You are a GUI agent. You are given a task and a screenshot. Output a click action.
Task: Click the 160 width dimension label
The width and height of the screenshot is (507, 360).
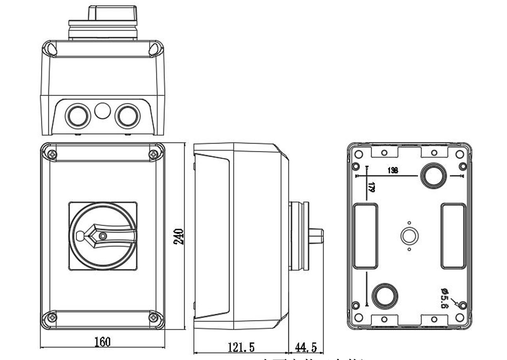pos(102,342)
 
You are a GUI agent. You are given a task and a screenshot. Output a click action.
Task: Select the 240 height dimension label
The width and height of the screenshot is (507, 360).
pos(179,236)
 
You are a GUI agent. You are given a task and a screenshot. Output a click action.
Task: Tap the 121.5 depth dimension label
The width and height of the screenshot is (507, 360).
pos(241,347)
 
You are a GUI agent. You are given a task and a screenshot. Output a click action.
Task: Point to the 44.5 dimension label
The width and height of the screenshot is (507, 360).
pos(306,347)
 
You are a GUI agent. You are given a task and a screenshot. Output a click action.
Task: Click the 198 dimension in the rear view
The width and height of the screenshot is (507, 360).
pos(392,170)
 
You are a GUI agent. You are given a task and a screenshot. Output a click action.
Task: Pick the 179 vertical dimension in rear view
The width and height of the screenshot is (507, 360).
pos(371,187)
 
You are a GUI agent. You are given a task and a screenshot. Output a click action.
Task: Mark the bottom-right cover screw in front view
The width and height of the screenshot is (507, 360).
pos(153,317)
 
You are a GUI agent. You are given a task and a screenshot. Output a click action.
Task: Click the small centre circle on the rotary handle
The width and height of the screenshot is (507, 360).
pos(103,236)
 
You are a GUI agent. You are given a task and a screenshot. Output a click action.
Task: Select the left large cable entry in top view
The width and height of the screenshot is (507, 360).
pos(77,116)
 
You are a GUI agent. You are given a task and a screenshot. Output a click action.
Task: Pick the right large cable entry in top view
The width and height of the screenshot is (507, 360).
pos(127,116)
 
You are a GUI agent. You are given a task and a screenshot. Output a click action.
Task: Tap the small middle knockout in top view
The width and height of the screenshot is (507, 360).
pos(102,111)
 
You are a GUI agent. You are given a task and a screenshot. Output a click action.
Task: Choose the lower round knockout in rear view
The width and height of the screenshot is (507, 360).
pos(385,295)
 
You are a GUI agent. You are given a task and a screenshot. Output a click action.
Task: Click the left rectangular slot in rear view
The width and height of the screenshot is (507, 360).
pos(365,236)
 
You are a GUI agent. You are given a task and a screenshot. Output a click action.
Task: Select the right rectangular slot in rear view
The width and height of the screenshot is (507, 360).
pos(453,236)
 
